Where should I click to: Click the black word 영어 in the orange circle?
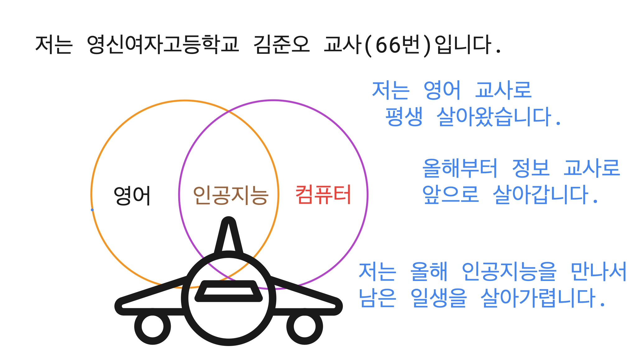(132, 195)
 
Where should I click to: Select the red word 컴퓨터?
(323, 195)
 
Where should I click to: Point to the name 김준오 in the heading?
(281, 45)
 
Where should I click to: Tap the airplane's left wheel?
(152, 326)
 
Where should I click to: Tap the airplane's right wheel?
(305, 326)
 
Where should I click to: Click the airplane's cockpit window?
(229, 291)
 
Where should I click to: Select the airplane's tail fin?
(229, 237)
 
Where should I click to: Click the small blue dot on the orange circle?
(92, 210)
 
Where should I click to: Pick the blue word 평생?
(404, 116)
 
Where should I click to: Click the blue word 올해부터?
(460, 168)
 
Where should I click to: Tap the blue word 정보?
(531, 168)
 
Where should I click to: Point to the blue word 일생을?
(439, 298)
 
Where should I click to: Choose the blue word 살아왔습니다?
(495, 116)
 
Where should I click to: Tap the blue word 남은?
(377, 298)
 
